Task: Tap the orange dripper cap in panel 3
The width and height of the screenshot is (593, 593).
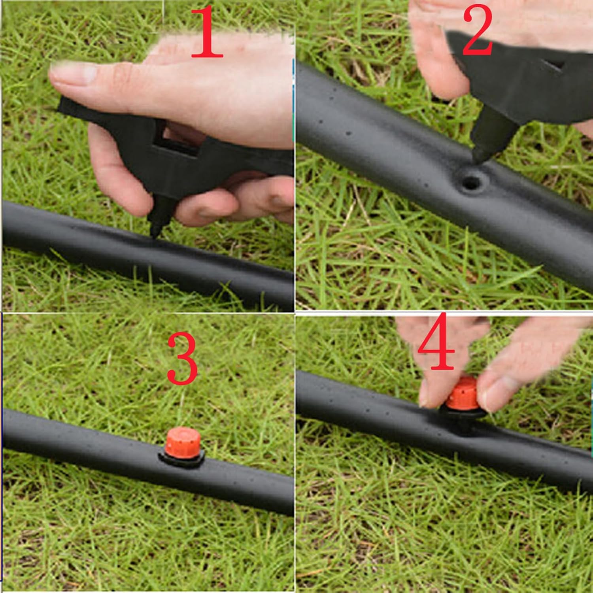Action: coord(183,442)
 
